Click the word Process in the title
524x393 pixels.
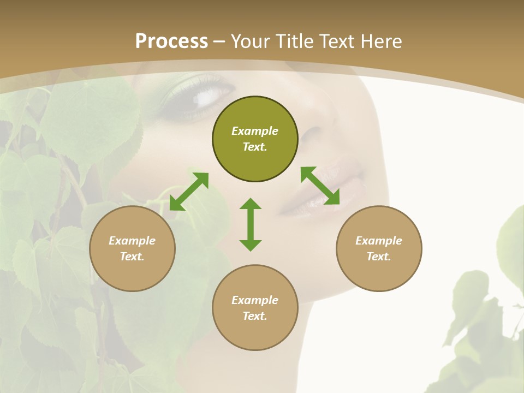(x=171, y=41)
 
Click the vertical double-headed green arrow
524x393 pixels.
(x=251, y=224)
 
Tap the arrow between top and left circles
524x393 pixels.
(x=189, y=192)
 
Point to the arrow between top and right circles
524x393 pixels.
(x=320, y=186)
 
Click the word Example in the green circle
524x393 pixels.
(x=255, y=131)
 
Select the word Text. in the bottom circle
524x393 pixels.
(x=255, y=316)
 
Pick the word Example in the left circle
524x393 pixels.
(x=132, y=241)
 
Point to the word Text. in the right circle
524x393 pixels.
(x=379, y=257)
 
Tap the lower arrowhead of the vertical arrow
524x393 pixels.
(x=251, y=245)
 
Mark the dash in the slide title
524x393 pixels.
(x=219, y=41)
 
